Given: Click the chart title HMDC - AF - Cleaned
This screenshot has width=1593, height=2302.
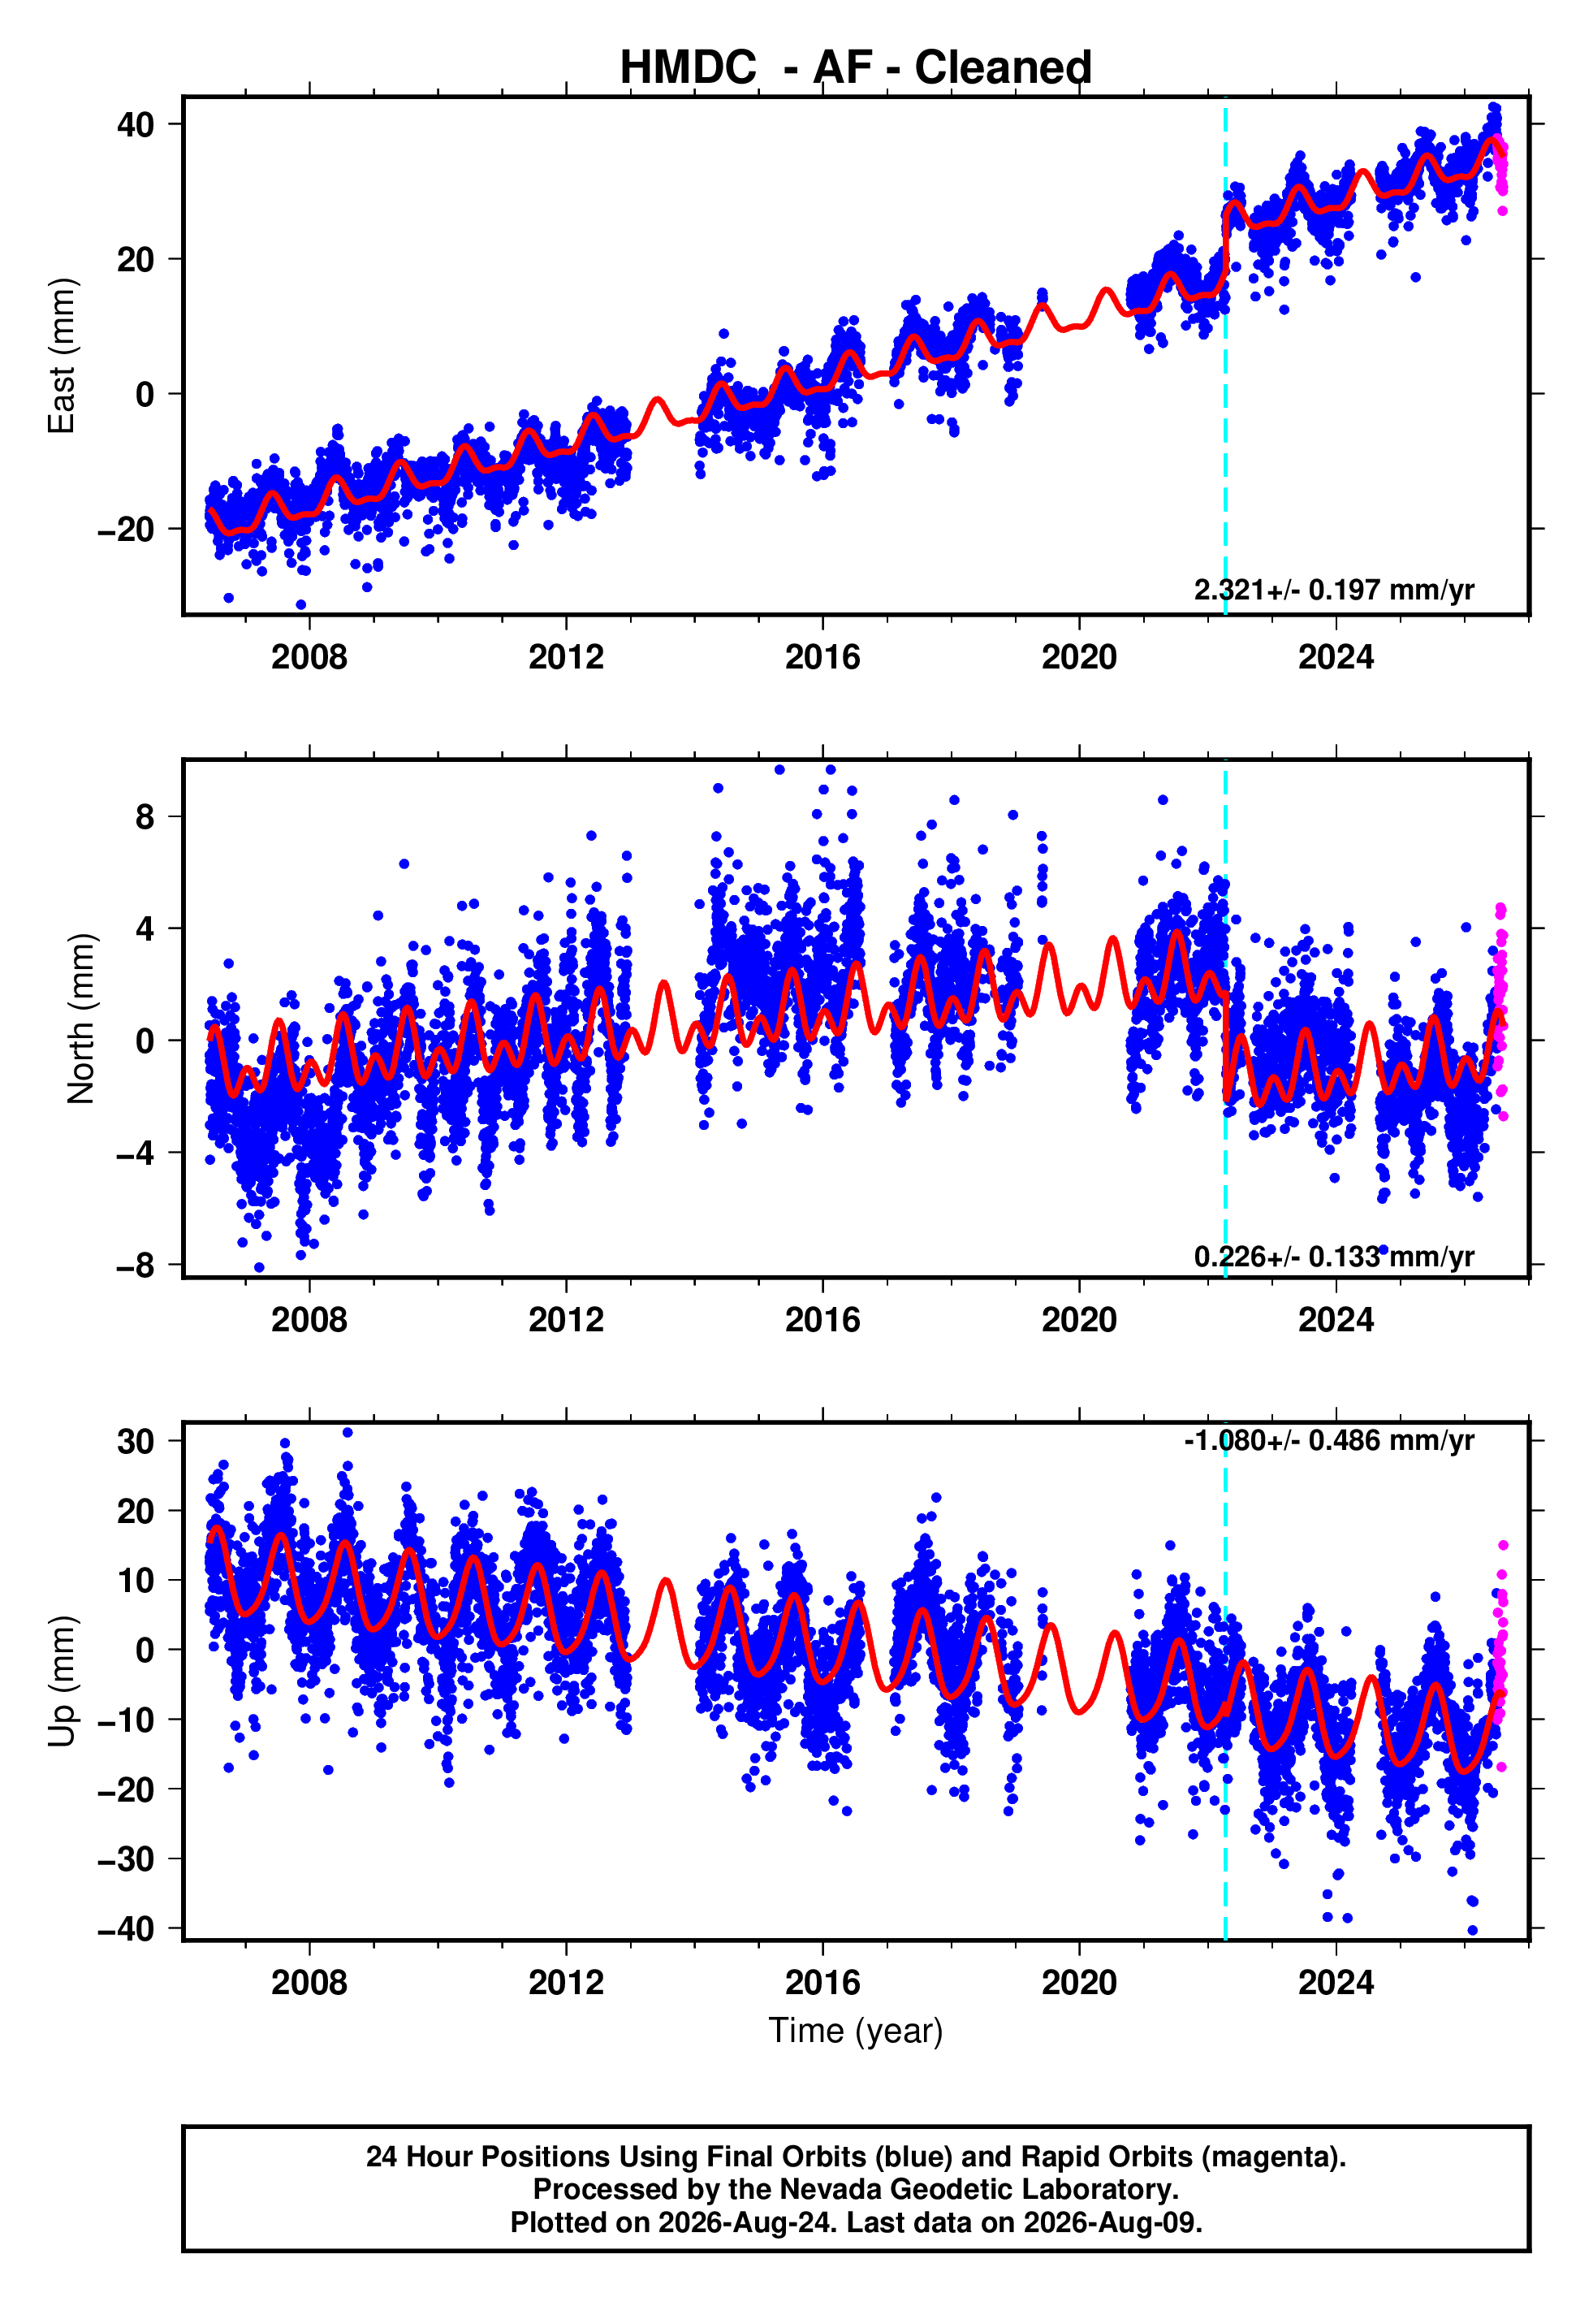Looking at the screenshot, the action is (856, 68).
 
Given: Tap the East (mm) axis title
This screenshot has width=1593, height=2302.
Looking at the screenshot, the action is (62, 356).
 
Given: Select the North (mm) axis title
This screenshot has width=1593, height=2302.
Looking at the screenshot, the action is (81, 1019).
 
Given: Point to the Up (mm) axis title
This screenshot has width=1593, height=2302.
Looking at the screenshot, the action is (62, 1681).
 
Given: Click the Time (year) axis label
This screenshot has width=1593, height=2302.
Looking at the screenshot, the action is (856, 2031).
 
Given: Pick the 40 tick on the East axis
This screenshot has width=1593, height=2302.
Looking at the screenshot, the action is (136, 125).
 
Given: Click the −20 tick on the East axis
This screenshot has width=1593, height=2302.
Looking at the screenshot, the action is (126, 529).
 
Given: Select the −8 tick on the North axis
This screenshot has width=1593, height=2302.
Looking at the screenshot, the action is (136, 1266).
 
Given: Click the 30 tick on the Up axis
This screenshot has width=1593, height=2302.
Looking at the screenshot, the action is (136, 1442).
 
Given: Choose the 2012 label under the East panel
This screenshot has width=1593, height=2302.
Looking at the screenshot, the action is (566, 657).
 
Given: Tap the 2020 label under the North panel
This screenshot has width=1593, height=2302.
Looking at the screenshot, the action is (1079, 1320).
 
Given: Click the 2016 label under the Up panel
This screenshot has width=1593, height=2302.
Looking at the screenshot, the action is (822, 1983).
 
